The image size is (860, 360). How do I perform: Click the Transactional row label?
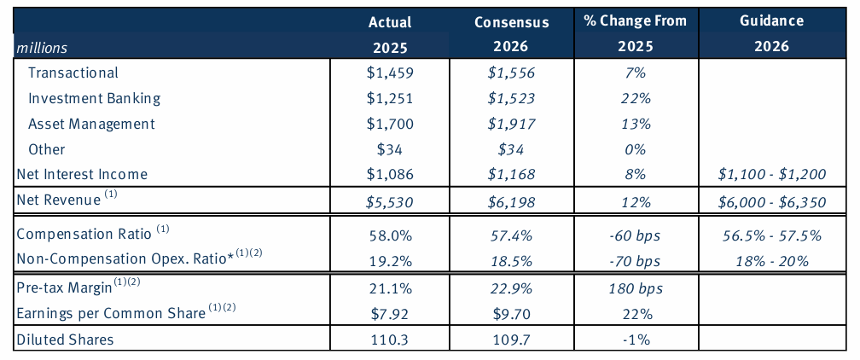point(73,73)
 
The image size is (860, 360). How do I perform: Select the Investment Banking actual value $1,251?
point(388,98)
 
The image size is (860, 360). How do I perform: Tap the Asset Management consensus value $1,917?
point(511,124)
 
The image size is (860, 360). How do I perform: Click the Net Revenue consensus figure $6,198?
point(511,202)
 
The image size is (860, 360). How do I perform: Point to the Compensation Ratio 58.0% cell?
point(388,233)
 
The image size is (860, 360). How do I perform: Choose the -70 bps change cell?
point(632,259)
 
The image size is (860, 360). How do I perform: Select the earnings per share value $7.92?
point(388,313)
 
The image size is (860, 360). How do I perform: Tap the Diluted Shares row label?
point(66,340)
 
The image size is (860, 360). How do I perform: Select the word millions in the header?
point(42,48)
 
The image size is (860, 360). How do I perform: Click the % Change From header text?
point(632,21)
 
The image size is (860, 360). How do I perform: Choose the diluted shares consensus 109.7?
point(511,340)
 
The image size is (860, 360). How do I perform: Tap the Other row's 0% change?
point(632,149)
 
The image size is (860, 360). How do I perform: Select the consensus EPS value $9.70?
point(511,313)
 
